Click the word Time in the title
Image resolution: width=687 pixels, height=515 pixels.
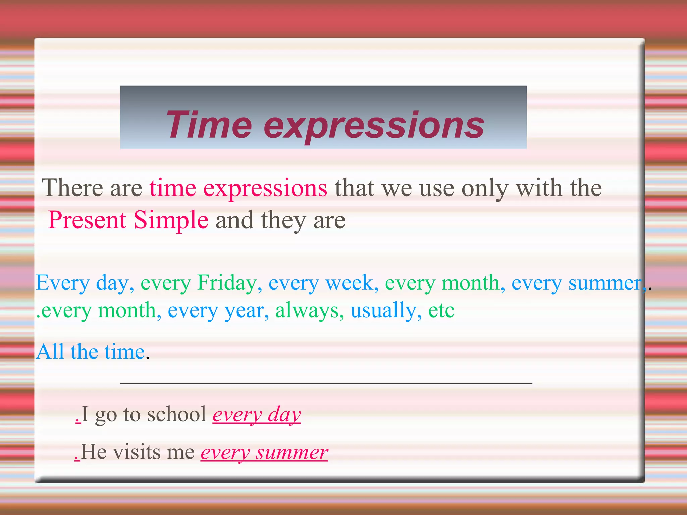209,125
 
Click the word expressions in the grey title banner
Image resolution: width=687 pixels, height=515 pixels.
374,126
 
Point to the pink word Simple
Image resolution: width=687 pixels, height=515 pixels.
171,221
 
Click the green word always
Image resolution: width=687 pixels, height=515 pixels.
307,310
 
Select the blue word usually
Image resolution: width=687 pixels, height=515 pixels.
383,310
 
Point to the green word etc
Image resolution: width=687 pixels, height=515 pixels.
441,310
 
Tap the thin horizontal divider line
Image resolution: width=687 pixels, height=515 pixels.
326,383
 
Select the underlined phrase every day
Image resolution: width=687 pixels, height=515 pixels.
257,415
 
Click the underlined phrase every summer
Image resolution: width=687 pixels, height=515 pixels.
264,453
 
